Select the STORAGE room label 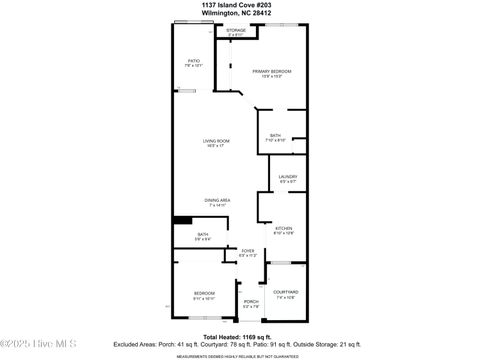236,31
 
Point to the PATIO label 194,61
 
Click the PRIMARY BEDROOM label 271,72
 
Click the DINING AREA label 218,200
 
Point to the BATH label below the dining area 202,235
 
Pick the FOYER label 248,251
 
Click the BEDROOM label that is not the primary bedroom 204,292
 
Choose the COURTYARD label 285,292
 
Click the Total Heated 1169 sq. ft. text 236,337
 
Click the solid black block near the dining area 182,220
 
